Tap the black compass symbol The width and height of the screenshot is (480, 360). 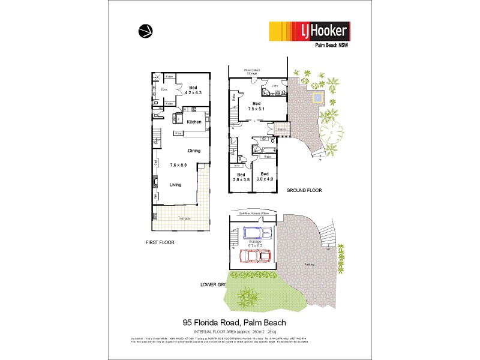click(145, 31)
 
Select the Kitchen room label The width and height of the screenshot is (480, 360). click(194, 122)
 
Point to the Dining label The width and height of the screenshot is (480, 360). click(194, 151)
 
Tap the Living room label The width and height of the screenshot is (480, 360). click(175, 185)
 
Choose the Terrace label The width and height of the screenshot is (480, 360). click(183, 218)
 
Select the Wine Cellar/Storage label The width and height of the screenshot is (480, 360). click(251, 72)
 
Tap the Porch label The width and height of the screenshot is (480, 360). click(281, 129)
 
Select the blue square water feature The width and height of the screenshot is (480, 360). click(317, 97)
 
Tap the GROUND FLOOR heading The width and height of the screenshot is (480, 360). click(305, 190)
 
